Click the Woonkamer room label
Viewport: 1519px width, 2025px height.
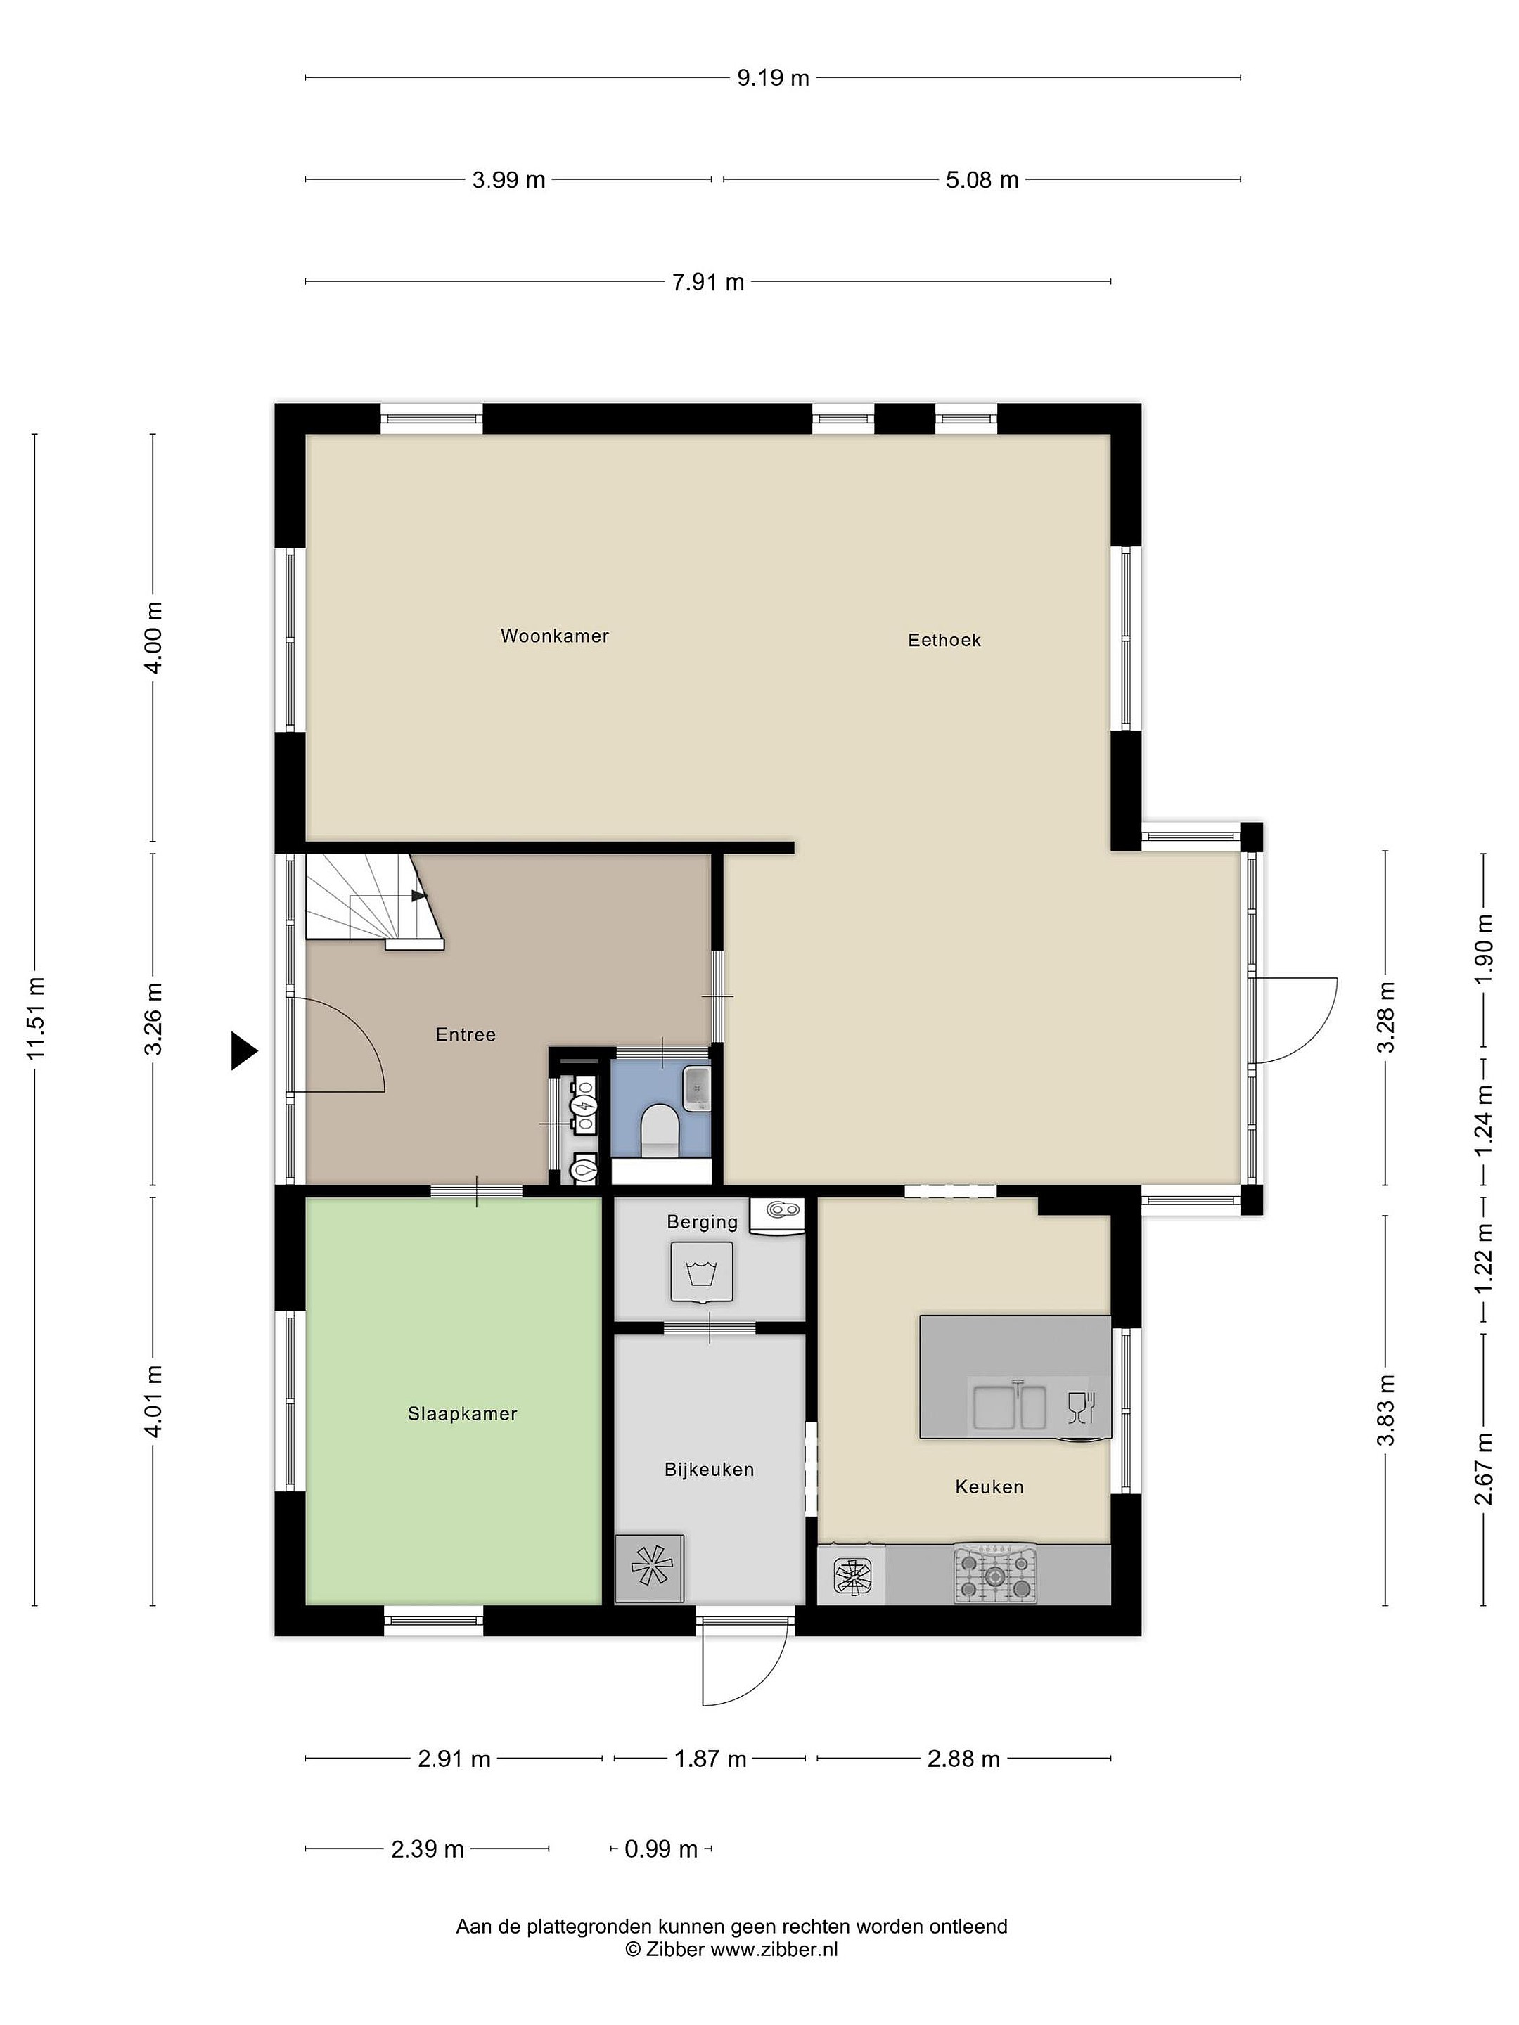pos(554,636)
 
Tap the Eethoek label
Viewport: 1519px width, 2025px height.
pos(944,640)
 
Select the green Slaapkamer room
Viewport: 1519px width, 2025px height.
pos(453,1401)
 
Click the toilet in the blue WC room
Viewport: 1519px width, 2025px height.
pos(659,1128)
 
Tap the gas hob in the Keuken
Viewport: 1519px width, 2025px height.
pos(995,1574)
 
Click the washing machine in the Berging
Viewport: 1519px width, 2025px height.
pos(701,1271)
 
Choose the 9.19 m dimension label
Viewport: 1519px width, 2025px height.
pos(774,78)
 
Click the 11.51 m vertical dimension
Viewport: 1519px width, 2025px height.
pos(36,1017)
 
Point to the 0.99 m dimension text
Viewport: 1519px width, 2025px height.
pos(661,1849)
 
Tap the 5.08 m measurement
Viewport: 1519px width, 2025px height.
pos(982,179)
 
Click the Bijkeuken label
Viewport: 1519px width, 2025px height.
pos(709,1470)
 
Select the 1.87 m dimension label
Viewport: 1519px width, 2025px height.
pos(710,1759)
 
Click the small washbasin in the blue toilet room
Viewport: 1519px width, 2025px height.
pos(697,1088)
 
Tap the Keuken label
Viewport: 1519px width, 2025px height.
pos(989,1486)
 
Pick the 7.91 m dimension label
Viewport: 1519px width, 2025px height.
pos(707,282)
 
